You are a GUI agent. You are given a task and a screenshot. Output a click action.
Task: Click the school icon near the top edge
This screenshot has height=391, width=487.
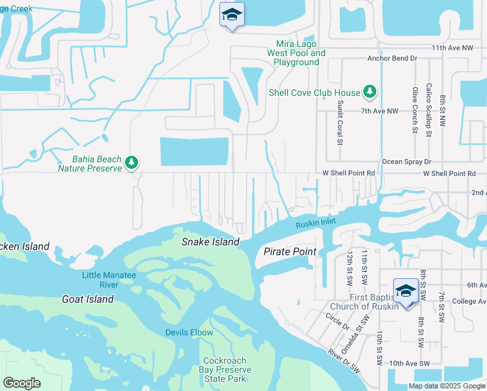[x=231, y=15]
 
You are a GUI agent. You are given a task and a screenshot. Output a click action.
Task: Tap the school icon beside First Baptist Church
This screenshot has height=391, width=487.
[x=405, y=291]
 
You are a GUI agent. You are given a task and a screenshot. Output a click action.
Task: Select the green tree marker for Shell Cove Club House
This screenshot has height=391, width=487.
[x=370, y=92]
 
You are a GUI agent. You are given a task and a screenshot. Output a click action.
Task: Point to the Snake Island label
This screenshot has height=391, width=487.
[x=210, y=242]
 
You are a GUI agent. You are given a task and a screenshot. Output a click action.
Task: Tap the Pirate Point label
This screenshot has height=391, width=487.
[x=290, y=252]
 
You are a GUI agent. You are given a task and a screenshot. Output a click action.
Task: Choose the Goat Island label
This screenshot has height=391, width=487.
[x=87, y=299]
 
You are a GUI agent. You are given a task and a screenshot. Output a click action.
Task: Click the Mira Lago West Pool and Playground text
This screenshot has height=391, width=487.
[x=296, y=53]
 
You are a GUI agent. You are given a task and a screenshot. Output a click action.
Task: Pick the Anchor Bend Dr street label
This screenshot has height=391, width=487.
[x=392, y=58]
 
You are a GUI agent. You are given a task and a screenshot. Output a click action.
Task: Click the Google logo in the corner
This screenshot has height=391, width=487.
[x=21, y=383]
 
